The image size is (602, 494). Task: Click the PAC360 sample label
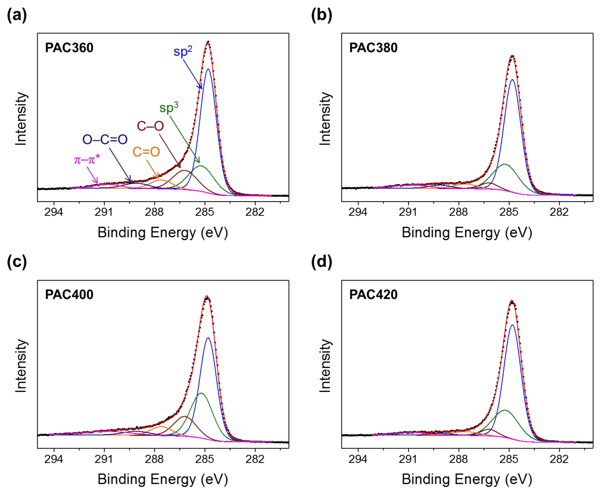click(69, 48)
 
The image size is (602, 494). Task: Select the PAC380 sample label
click(373, 48)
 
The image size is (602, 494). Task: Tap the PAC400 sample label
click(69, 295)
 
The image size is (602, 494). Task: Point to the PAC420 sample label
click(373, 295)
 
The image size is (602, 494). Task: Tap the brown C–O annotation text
click(150, 126)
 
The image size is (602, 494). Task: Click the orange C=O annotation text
click(146, 152)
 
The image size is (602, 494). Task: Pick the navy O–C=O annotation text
click(105, 140)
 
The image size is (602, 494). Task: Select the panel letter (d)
click(321, 262)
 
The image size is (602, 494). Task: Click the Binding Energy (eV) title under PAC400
click(163, 479)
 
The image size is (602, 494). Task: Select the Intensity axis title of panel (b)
click(325, 119)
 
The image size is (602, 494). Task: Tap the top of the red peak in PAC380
click(512, 56)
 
